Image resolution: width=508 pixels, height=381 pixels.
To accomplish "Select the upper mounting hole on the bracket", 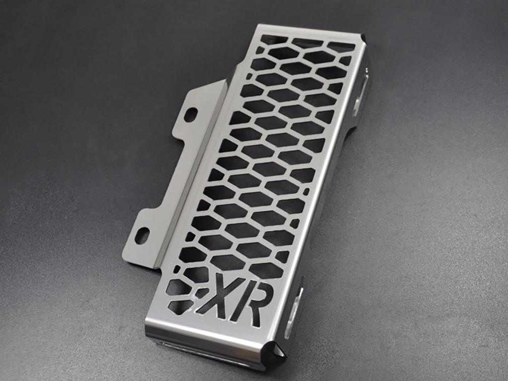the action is click(x=190, y=115).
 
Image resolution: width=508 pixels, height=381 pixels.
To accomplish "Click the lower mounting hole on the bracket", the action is click(x=142, y=235).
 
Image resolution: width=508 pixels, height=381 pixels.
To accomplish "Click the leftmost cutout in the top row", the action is click(x=273, y=40).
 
